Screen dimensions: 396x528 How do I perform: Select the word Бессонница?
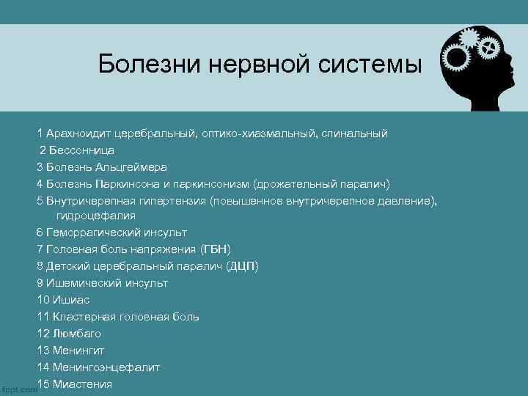point(81,150)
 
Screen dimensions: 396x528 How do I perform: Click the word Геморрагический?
point(91,232)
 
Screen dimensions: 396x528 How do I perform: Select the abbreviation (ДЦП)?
point(243,265)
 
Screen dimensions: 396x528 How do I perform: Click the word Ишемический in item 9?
point(78,282)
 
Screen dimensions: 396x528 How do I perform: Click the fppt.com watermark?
point(18,389)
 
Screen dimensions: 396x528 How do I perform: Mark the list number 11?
point(43,316)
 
